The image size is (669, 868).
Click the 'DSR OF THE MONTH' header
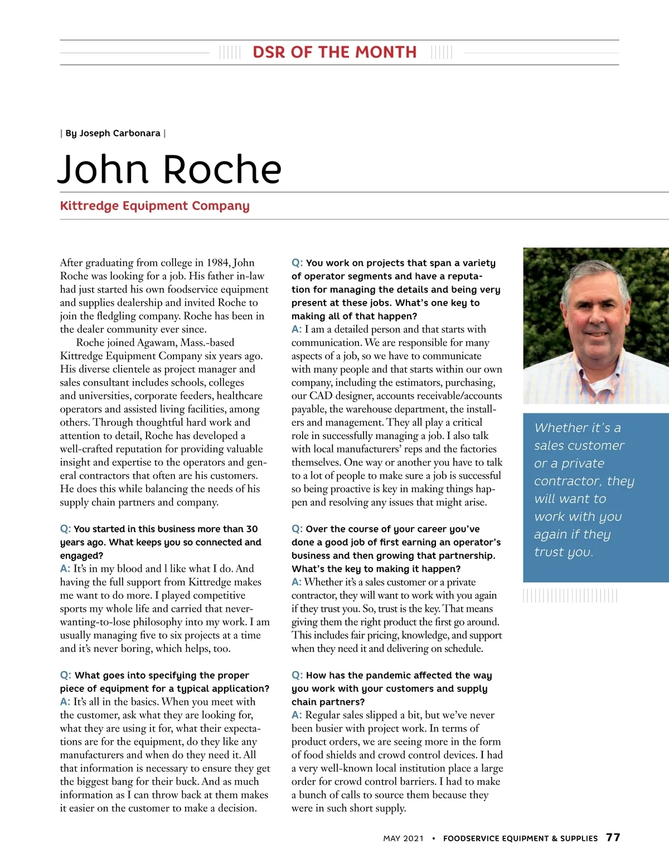pos(334,52)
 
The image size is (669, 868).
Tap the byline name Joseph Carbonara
pos(119,133)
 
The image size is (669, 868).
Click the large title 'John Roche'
pos(170,169)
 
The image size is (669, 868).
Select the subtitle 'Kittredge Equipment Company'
pos(154,206)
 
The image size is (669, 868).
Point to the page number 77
pos(613,837)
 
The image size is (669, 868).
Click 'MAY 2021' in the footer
pos(403,838)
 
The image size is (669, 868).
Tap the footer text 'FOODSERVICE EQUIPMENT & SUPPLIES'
pos(520,838)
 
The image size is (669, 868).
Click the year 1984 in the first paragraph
pos(218,262)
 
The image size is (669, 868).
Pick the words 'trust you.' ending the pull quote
pos(564,552)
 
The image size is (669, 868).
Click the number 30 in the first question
pos(252,529)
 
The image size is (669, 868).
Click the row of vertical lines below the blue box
pos(570,596)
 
